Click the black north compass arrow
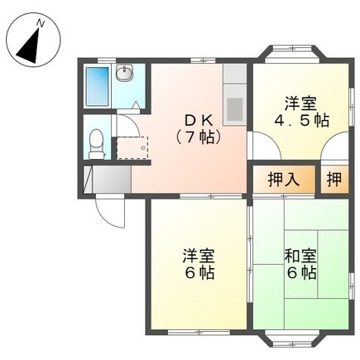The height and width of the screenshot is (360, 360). click(x=31, y=44)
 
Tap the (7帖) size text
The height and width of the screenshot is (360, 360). click(x=197, y=137)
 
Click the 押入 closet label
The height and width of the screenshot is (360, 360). click(x=283, y=179)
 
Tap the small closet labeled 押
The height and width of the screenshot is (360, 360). click(x=332, y=179)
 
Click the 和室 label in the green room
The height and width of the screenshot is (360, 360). click(x=299, y=256)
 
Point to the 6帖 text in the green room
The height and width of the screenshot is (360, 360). click(x=299, y=274)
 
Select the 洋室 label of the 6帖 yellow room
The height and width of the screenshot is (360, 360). click(x=199, y=254)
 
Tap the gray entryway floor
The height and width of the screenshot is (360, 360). click(x=108, y=180)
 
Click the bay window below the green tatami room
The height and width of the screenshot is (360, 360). click(x=293, y=336)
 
